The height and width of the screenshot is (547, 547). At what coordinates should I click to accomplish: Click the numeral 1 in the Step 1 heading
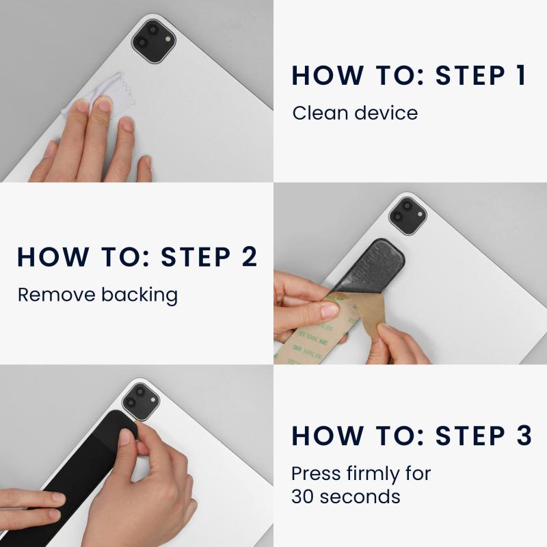click(520, 75)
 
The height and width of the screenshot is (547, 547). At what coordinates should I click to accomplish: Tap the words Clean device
click(355, 113)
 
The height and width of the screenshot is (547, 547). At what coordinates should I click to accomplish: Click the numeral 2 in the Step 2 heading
click(249, 257)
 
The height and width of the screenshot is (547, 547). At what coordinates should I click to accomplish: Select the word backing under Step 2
click(139, 295)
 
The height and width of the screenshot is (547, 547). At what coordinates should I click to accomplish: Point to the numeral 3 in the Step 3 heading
click(524, 436)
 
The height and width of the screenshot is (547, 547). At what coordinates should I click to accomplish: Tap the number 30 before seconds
click(303, 497)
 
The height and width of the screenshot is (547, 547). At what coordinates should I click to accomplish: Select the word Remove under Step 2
click(57, 295)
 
